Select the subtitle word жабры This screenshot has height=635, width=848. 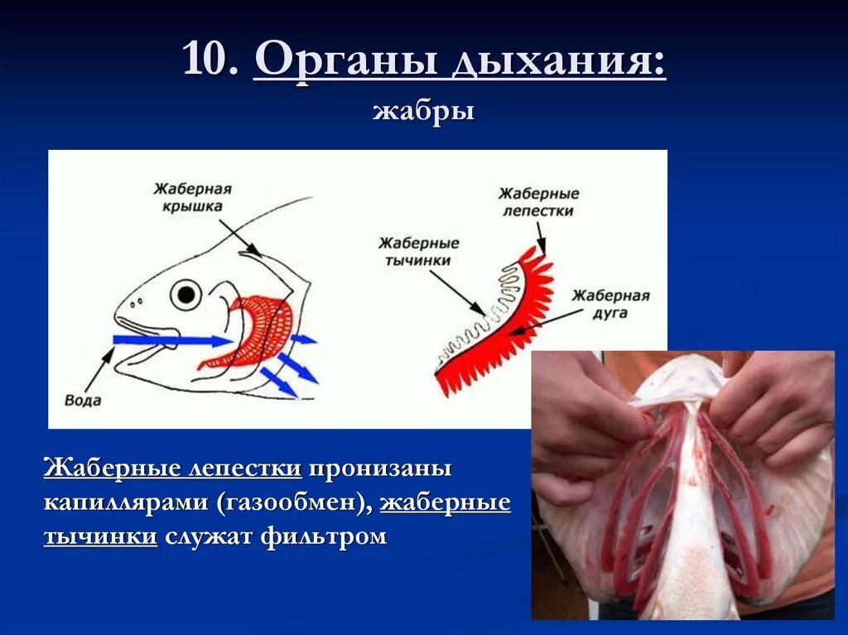click(423, 111)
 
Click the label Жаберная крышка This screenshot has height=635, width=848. click(192, 198)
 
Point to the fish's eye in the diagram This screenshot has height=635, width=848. click(186, 294)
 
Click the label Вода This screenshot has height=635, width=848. click(82, 401)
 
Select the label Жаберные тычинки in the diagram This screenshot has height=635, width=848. click(418, 252)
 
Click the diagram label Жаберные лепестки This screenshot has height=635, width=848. click(538, 202)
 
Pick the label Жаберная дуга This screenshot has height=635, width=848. click(610, 305)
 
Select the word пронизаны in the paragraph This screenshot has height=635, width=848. click(381, 469)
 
